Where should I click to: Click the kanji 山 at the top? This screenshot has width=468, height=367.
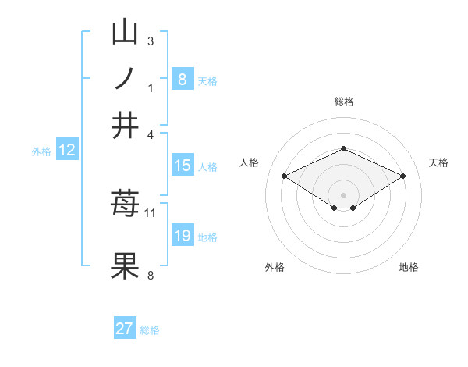tap(125, 32)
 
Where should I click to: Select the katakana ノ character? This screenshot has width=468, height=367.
tap(125, 78)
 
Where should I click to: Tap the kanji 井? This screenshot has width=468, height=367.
tap(125, 124)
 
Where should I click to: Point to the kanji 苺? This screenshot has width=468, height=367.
tap(125, 204)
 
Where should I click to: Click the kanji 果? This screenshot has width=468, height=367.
tap(125, 265)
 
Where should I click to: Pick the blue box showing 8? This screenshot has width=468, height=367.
tap(182, 79)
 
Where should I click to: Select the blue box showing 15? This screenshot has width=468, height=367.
tap(182, 166)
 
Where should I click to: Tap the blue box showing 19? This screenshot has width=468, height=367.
tap(182, 236)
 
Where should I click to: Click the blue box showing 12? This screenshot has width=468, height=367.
tap(67, 151)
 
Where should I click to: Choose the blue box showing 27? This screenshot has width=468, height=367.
tap(125, 329)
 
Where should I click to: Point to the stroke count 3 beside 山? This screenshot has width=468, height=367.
tap(151, 41)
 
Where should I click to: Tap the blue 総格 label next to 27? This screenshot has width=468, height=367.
tap(150, 330)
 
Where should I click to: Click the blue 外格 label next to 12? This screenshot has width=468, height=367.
tap(41, 151)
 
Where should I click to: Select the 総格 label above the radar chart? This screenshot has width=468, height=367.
tap(343, 102)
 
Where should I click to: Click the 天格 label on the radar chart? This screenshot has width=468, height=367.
tap(438, 162)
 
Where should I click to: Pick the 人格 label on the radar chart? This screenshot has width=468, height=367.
tap(249, 162)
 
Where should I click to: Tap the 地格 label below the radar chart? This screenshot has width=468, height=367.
tap(409, 267)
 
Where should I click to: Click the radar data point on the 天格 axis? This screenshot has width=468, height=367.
tap(402, 176)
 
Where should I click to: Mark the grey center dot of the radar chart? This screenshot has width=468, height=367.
tap(343, 194)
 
